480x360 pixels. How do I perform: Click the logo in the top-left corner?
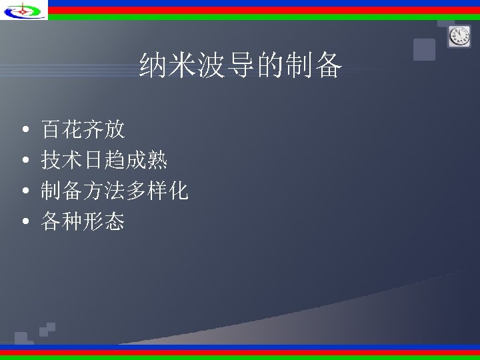pyautogui.click(x=23, y=10)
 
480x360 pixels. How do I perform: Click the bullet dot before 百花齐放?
pyautogui.click(x=24, y=128)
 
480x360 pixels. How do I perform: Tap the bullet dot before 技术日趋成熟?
pyautogui.click(x=24, y=160)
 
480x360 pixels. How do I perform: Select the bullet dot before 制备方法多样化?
pyautogui.click(x=24, y=192)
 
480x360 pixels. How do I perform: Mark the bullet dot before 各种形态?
pyautogui.click(x=24, y=222)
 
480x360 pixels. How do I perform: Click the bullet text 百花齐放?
pyautogui.click(x=83, y=128)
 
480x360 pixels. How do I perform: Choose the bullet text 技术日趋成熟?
pyautogui.click(x=104, y=160)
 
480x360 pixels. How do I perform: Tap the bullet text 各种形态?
pyautogui.click(x=83, y=221)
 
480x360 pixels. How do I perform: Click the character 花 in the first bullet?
pyautogui.click(x=73, y=128)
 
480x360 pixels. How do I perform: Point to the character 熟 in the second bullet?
pyautogui.click(x=157, y=160)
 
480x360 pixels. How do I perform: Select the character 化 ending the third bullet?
pyautogui.click(x=178, y=192)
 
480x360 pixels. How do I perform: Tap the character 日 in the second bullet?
pyautogui.click(x=94, y=160)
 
